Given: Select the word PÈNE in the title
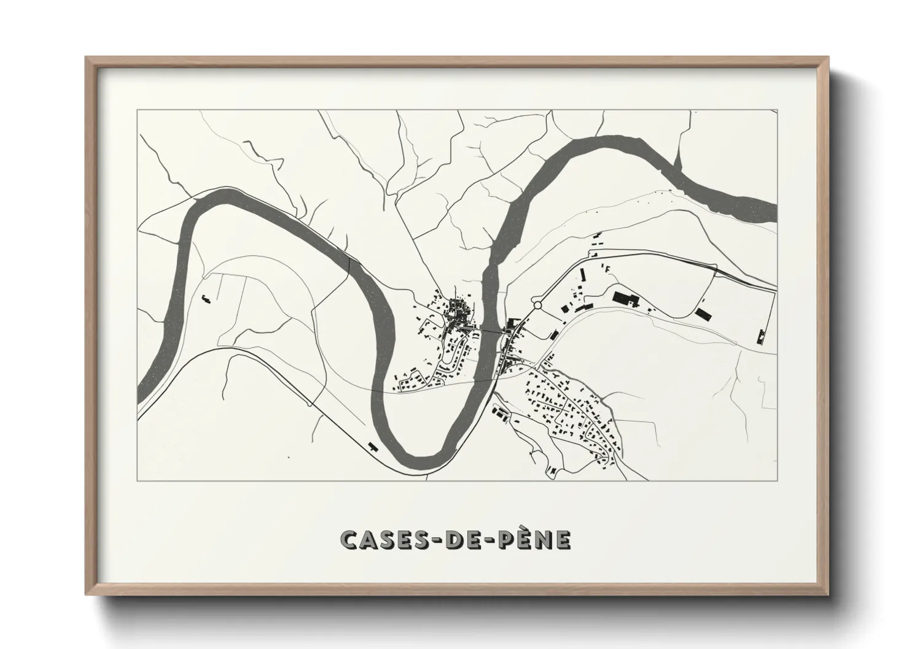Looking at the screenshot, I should (533, 539).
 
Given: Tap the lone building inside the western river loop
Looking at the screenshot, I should (205, 299).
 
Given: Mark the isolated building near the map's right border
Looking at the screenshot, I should (761, 335).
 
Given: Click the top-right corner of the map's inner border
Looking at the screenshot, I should (777, 110).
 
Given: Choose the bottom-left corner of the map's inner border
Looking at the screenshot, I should (138, 481).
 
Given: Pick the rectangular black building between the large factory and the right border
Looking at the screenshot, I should (702, 314).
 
